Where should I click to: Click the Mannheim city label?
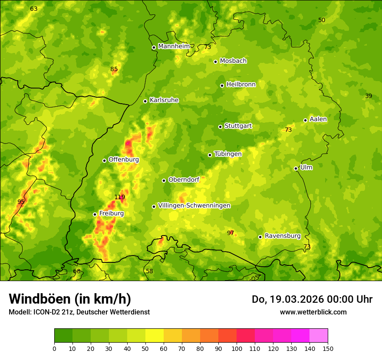pyautogui.click(x=174, y=46)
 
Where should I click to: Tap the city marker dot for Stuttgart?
pyautogui.click(x=220, y=127)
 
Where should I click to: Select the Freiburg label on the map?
pyautogui.click(x=111, y=213)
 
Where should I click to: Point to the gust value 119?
pyautogui.click(x=120, y=197)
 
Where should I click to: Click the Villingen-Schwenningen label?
pyautogui.click(x=194, y=206)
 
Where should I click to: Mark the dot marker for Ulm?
pyautogui.click(x=296, y=168)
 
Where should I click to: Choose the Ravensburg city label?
pyautogui.click(x=283, y=236)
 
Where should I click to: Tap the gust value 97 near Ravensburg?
pyautogui.click(x=231, y=233)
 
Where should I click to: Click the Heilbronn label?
pyautogui.click(x=241, y=85)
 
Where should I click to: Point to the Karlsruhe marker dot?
pyautogui.click(x=145, y=101)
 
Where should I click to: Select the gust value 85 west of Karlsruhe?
pyautogui.click(x=114, y=69)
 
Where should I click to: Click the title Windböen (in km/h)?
pyautogui.click(x=70, y=299)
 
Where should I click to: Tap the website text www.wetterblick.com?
pyautogui.click(x=313, y=312)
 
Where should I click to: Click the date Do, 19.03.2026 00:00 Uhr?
pyautogui.click(x=312, y=299)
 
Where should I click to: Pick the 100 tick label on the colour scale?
pyautogui.click(x=237, y=348)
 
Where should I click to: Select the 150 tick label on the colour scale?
pyautogui.click(x=328, y=348)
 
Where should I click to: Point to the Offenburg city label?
pyautogui.click(x=124, y=160)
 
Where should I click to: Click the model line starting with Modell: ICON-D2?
pyautogui.click(x=79, y=312)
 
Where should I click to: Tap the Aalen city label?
pyautogui.click(x=318, y=119)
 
